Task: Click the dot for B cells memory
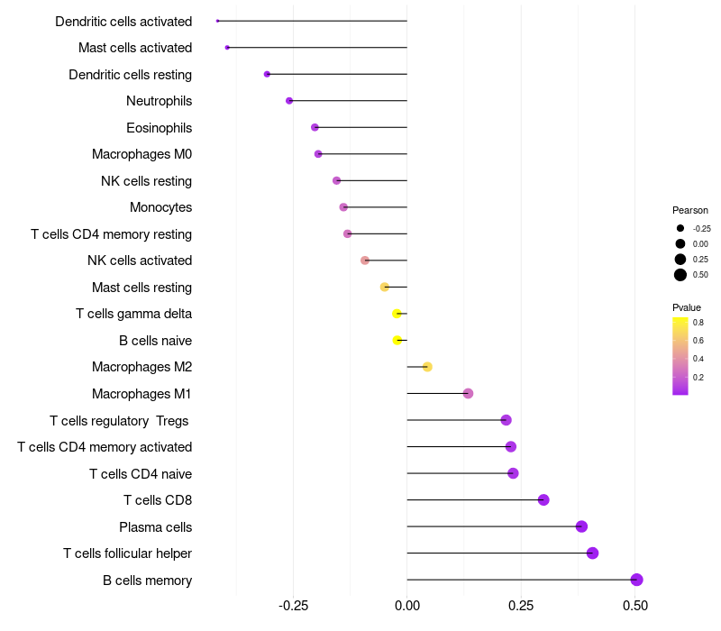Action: pos(636,580)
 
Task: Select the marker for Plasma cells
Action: pos(581,526)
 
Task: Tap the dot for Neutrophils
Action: pos(289,100)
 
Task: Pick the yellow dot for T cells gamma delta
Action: pos(397,314)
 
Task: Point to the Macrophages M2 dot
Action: pos(427,367)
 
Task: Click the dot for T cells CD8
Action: pos(543,499)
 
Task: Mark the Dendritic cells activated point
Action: pos(218,21)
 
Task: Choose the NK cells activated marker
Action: pos(365,261)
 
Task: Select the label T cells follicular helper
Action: pos(127,553)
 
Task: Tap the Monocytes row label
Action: pos(160,207)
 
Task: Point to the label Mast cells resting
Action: pos(141,288)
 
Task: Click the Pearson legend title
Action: pos(690,210)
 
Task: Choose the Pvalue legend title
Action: pos(687,307)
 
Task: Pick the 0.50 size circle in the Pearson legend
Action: pos(680,275)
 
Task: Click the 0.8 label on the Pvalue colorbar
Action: pos(698,322)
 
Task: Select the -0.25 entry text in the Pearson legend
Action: pos(702,229)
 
